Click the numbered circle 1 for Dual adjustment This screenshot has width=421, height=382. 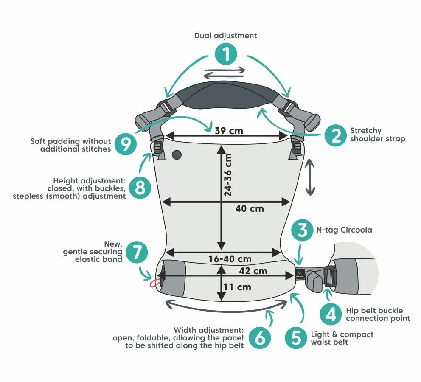226,55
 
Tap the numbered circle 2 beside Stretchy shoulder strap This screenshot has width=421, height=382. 336,135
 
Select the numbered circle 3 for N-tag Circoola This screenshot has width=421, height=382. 303,230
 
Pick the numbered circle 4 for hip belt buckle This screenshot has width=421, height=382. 331,315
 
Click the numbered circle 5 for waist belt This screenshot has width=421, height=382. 296,338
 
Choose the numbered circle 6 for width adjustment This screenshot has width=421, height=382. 260,338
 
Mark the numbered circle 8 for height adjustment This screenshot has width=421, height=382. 140,187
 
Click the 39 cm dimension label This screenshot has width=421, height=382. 229,131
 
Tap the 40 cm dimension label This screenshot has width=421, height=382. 250,208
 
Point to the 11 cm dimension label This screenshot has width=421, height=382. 237,287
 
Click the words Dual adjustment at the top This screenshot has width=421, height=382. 225,36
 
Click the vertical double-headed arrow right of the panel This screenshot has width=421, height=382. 310,177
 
